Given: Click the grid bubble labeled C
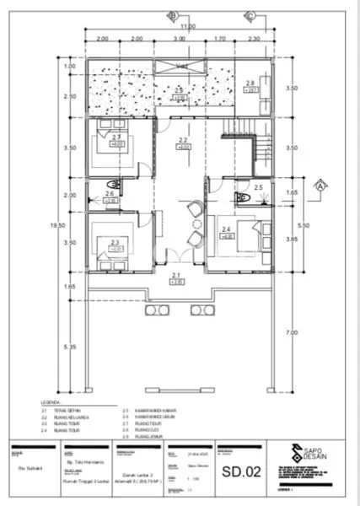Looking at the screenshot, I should click(250, 15).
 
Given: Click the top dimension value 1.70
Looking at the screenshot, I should click(220, 39).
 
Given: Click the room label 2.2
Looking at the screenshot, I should click(183, 141).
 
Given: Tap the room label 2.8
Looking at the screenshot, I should click(250, 83).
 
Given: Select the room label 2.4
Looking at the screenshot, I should click(226, 229).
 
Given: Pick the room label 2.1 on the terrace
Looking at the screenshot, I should click(175, 276).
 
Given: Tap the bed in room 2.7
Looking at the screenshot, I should click(109, 140).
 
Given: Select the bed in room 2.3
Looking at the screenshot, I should click(108, 237).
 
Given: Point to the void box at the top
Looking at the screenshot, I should click(181, 66).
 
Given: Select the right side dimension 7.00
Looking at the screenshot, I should click(290, 333).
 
